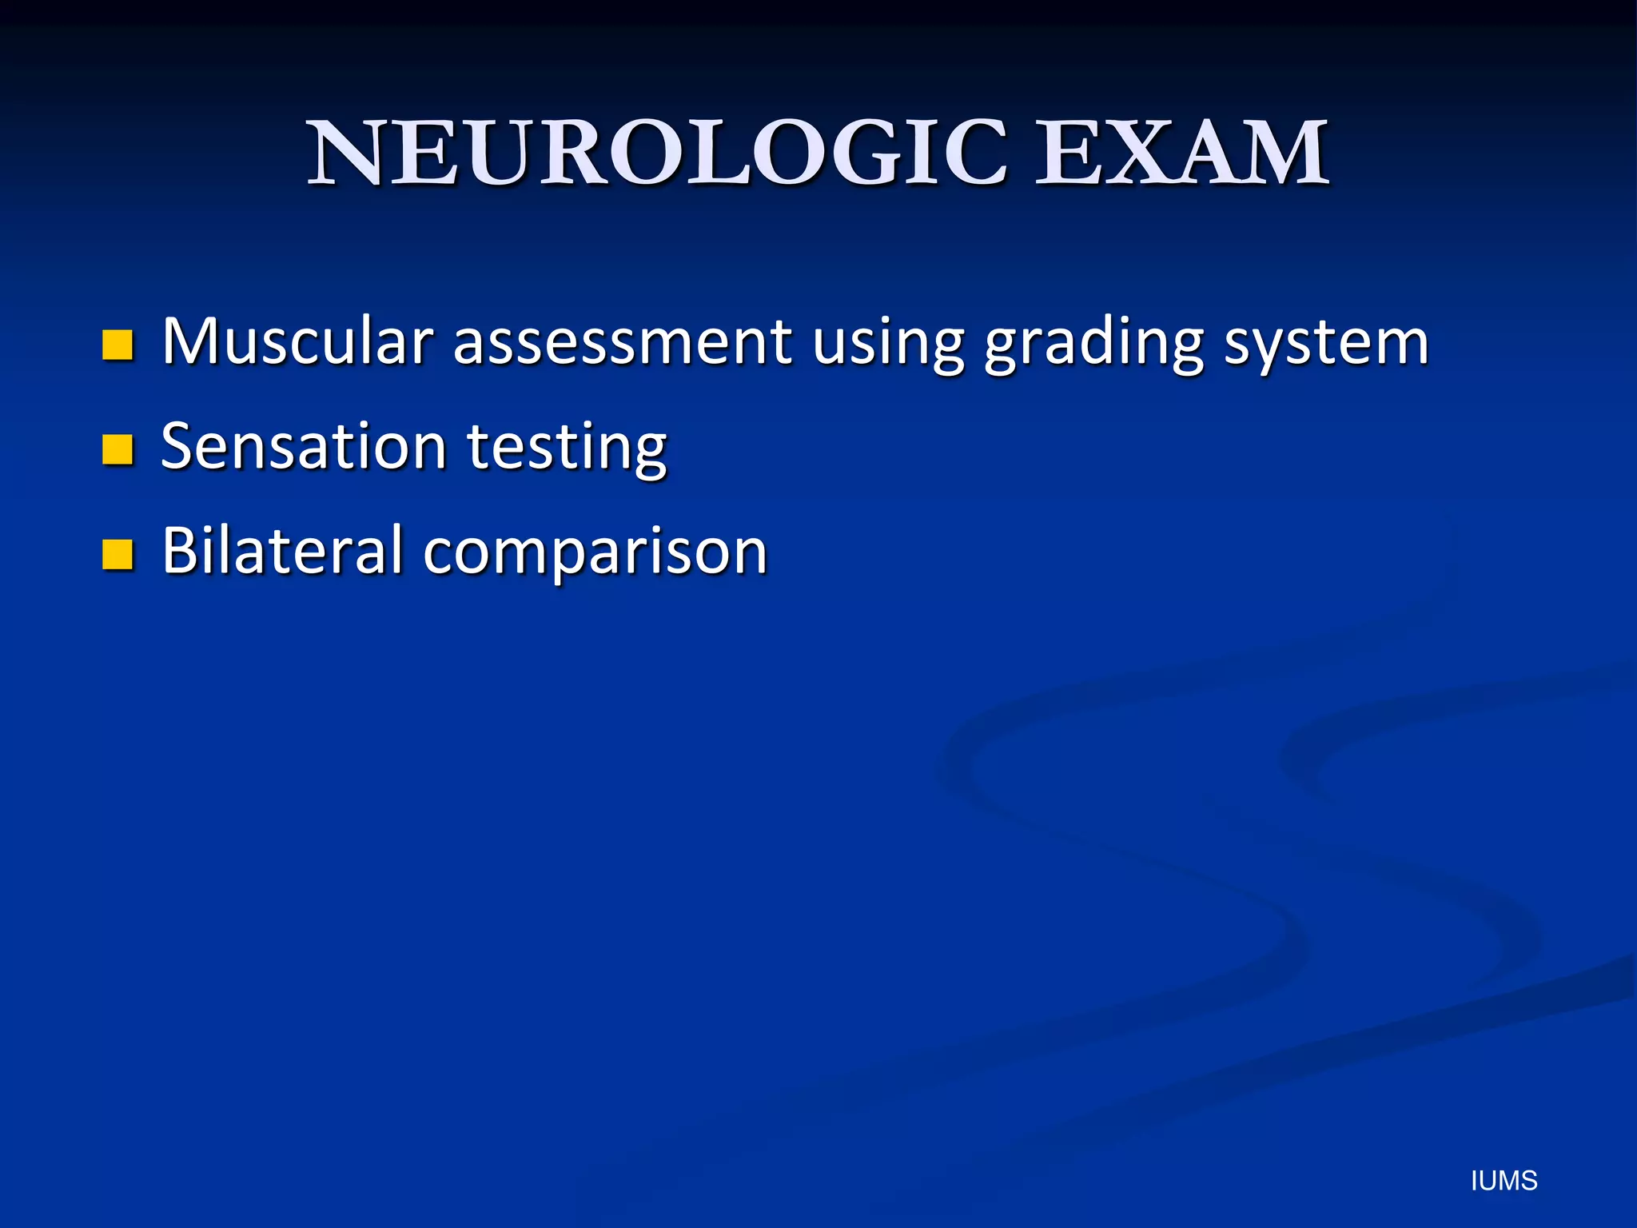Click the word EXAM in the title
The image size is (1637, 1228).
1181,153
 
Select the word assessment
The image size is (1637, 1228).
622,342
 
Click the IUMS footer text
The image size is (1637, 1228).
1504,1181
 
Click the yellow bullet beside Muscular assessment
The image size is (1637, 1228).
117,345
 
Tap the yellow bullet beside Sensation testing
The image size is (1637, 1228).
117,449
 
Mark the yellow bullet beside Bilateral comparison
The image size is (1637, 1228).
117,553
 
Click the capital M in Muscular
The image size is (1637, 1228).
190,342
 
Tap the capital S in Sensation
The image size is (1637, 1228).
179,446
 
